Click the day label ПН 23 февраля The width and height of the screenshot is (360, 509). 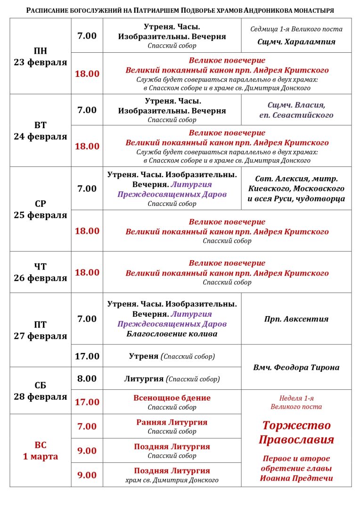tap(41, 57)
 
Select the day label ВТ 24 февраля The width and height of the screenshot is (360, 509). tap(41, 131)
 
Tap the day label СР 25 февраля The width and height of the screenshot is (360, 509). tap(41, 209)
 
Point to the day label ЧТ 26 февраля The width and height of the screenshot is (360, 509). tap(41, 272)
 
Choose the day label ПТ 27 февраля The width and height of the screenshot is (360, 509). tap(41, 330)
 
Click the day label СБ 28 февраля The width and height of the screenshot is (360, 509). tap(41, 391)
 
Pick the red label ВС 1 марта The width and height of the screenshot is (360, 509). tap(41, 451)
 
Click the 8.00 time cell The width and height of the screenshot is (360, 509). tap(87, 378)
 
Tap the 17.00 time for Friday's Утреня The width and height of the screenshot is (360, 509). tap(87, 356)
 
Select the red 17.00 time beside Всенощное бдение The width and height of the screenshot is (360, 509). tap(87, 402)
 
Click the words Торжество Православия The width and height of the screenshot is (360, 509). tap(296, 432)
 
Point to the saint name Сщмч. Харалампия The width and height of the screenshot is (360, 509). tap(296, 41)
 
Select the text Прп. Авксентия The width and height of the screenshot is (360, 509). tap(296, 319)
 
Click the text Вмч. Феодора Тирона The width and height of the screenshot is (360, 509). tap(296, 367)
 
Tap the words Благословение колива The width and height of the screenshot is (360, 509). tap(172, 334)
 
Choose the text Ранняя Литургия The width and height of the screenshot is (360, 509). tap(172, 422)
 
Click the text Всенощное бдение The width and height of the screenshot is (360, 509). tap(172, 398)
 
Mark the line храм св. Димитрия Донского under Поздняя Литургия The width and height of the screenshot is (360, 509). tap(172, 480)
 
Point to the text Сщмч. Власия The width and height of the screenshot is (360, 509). tap(296, 105)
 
